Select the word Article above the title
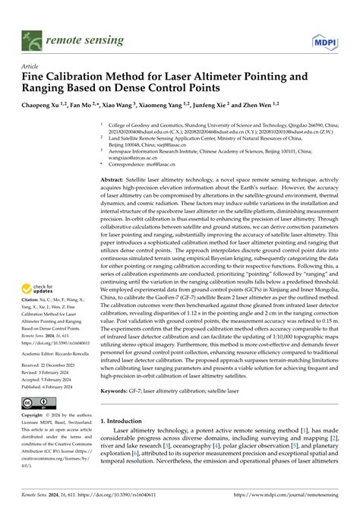pos(33,66)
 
